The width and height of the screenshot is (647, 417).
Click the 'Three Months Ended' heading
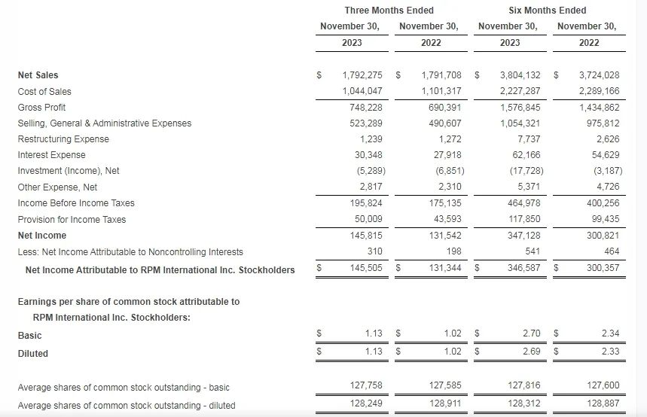click(389, 10)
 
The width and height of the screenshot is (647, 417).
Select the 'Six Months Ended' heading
click(547, 10)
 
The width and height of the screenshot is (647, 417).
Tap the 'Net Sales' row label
click(38, 75)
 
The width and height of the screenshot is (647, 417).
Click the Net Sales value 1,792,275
click(362, 75)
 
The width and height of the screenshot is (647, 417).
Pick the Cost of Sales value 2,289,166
click(599, 91)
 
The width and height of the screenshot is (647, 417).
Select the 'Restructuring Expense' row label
click(63, 139)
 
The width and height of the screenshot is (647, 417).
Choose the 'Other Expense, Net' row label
click(57, 187)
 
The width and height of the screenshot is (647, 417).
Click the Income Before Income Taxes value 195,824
click(366, 203)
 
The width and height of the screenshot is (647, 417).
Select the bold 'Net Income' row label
click(42, 236)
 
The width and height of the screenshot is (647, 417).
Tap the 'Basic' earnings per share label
click(29, 336)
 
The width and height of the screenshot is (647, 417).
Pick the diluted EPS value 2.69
click(530, 352)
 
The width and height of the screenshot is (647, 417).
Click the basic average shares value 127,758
click(366, 386)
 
